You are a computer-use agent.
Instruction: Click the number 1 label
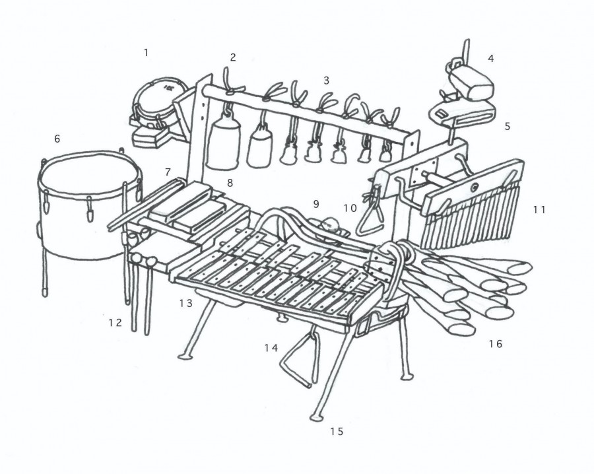pos(147,53)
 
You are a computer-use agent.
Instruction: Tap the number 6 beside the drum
pos(57,139)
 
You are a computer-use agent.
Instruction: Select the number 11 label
pos(539,209)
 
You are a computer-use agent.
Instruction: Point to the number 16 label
pos(495,344)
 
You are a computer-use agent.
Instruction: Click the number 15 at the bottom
pos(337,431)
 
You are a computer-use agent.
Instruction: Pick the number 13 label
pos(185,303)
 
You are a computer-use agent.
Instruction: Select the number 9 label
pos(316,205)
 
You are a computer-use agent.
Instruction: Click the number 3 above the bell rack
pos(326,81)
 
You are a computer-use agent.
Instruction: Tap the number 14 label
pos(271,347)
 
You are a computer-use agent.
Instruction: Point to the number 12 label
pos(115,323)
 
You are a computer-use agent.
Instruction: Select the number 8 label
pos(230,183)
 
